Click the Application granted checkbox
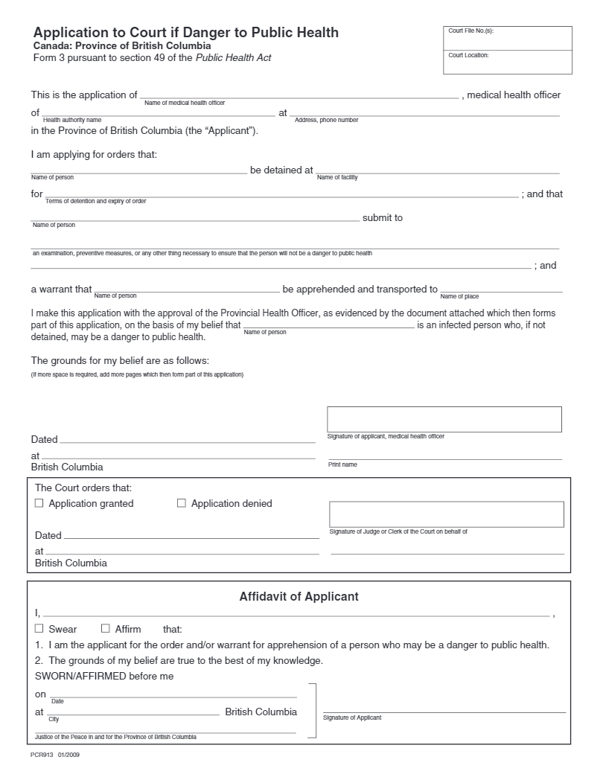pyautogui.click(x=39, y=503)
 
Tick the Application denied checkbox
pyautogui.click(x=182, y=503)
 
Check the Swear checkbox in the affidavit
pyautogui.click(x=39, y=629)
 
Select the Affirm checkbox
pyautogui.click(x=106, y=629)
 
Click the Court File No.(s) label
pyautogui.click(x=471, y=31)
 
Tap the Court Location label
pyautogui.click(x=468, y=55)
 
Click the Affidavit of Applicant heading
pyautogui.click(x=299, y=597)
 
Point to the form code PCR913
pyautogui.click(x=42, y=755)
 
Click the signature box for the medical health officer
pyautogui.click(x=444, y=419)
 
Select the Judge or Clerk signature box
pyautogui.click(x=447, y=514)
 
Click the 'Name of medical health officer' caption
pyautogui.click(x=184, y=103)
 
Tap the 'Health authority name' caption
pyautogui.click(x=72, y=120)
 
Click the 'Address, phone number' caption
pyautogui.click(x=326, y=120)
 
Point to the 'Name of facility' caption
pyautogui.click(x=337, y=177)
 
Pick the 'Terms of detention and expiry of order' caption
pyautogui.click(x=96, y=201)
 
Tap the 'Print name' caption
pyautogui.click(x=342, y=464)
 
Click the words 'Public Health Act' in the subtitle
pyautogui.click(x=233, y=58)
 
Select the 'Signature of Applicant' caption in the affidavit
pyautogui.click(x=352, y=718)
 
